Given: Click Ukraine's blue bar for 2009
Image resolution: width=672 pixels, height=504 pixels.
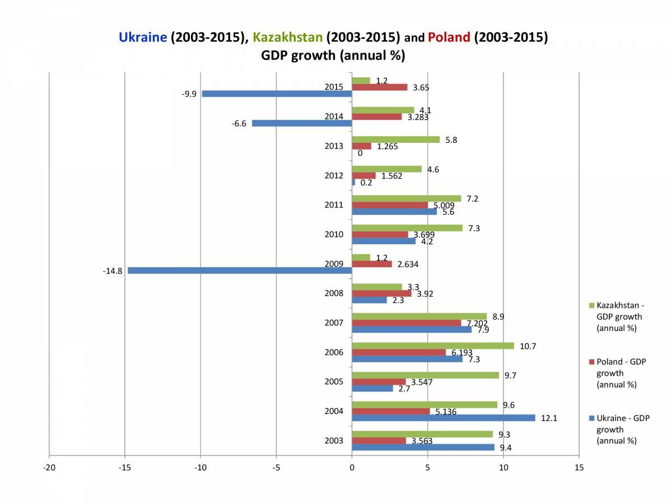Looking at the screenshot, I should coord(240,270).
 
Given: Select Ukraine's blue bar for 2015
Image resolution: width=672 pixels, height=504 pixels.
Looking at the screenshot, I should coord(277,94).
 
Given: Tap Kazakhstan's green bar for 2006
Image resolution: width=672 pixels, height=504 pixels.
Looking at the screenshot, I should coord(433,346).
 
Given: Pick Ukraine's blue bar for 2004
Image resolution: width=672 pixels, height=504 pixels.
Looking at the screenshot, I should coord(443,418).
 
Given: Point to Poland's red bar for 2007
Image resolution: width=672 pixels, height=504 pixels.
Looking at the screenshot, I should coord(406,323).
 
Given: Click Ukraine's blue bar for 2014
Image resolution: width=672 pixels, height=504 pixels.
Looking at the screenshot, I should coord(302,123).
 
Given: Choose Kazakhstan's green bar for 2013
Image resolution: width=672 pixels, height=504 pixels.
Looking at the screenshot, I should coord(396,139).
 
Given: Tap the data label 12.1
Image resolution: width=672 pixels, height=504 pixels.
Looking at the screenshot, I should coord(549,418).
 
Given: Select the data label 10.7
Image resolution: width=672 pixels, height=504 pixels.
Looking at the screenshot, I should coord(528,346).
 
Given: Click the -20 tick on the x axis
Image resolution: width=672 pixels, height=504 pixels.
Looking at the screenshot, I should coord(49,467).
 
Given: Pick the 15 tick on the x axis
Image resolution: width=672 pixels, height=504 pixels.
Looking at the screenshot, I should coord(579,467).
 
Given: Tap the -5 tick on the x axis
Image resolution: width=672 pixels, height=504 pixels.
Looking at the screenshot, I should coord(276,467).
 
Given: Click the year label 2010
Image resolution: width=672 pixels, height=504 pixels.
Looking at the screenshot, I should coord(334,235).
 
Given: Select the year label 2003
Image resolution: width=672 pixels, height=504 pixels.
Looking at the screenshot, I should coord(334,441).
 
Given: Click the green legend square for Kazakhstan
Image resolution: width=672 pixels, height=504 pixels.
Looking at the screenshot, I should coord(592,306).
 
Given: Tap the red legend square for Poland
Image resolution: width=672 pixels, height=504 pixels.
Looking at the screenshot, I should coord(592,362).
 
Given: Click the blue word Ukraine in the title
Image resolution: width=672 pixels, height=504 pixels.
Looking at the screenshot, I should coord(143,38).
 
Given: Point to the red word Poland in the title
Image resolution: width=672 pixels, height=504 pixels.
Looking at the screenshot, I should coord(449,38).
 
